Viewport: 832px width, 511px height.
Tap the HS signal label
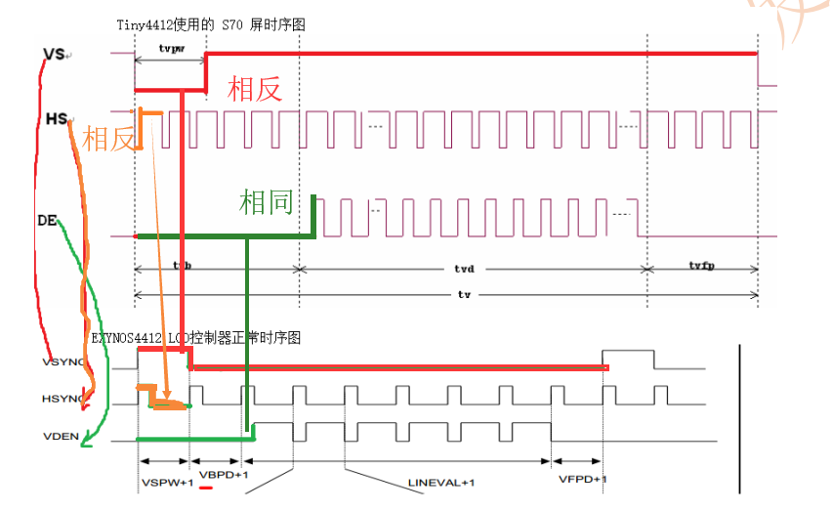click(57, 119)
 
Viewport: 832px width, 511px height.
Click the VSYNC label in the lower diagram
click(63, 362)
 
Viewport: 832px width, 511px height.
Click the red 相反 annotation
click(255, 89)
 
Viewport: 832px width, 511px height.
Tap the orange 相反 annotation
click(108, 140)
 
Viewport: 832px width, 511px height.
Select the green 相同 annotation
click(267, 203)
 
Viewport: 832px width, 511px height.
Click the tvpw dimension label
click(170, 47)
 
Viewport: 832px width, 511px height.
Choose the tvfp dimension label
click(700, 266)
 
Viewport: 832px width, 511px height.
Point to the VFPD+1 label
click(583, 479)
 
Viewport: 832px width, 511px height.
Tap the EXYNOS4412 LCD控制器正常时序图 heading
click(196, 337)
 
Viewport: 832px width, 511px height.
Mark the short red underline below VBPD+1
click(206, 488)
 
